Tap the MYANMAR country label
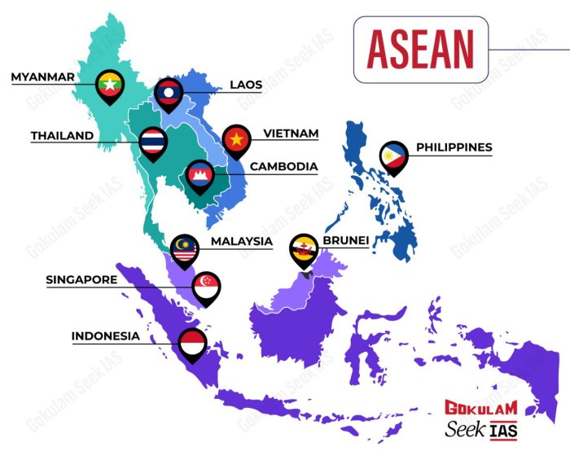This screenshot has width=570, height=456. click(42, 77)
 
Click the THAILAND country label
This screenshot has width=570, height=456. click(62, 136)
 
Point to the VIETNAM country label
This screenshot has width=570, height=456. click(290, 133)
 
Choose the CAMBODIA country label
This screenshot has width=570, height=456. click(283, 167)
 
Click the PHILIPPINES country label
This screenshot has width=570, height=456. click(454, 147)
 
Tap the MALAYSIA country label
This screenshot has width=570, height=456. click(241, 241)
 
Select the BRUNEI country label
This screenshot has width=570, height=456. click(346, 240)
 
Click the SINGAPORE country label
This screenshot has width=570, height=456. click(81, 279)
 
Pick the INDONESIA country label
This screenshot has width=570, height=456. click(106, 335)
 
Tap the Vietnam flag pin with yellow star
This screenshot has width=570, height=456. click(237, 141)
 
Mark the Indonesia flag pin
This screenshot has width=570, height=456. click(193, 343)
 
